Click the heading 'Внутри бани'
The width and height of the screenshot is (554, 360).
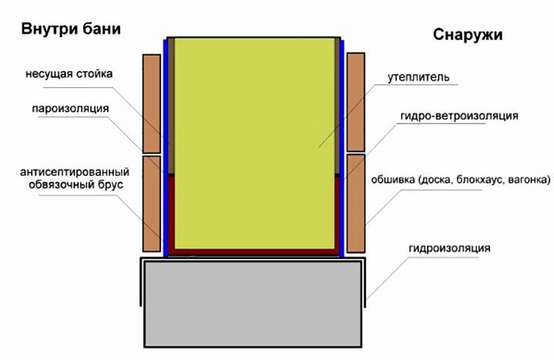point(71,29)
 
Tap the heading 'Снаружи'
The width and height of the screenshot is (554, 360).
point(468,35)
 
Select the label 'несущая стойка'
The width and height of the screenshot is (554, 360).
point(69,74)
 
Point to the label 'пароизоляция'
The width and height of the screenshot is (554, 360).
point(70,109)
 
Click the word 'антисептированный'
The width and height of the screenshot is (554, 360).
point(75,172)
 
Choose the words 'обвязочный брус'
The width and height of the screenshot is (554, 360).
point(76,184)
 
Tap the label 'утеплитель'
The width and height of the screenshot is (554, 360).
point(418,77)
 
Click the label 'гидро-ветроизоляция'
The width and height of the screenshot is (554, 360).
point(459,116)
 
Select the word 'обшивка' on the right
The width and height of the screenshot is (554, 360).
point(393,180)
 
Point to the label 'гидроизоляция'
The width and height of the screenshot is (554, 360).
point(449,248)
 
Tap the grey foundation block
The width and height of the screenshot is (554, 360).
point(253,304)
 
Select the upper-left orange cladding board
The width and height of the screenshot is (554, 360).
point(152,103)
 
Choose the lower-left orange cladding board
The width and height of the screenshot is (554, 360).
point(152,204)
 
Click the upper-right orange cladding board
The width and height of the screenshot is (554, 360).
point(356,103)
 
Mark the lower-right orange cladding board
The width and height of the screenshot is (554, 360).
point(356,204)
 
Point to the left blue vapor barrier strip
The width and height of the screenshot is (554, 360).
point(166,148)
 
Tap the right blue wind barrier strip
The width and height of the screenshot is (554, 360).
point(341,149)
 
